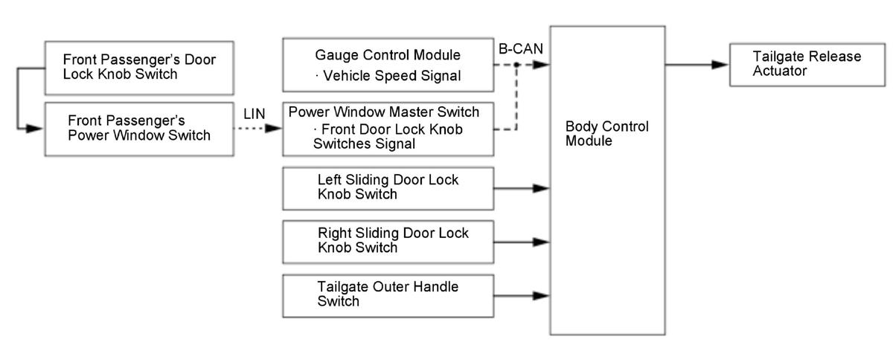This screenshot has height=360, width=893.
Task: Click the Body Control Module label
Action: (x=606, y=134)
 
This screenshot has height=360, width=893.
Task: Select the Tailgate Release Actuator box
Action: (x=807, y=65)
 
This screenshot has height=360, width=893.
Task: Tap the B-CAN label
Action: (x=521, y=48)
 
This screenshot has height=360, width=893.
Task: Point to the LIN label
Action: (x=255, y=114)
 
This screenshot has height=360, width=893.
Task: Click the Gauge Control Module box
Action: (x=388, y=65)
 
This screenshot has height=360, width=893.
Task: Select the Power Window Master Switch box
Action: (x=388, y=129)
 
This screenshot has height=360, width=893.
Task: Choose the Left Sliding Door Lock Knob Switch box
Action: (x=388, y=189)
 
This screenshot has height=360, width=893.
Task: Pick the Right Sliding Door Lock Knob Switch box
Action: (x=388, y=242)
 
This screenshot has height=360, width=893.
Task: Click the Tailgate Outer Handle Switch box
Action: (x=388, y=296)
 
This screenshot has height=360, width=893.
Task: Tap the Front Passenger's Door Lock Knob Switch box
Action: (x=139, y=68)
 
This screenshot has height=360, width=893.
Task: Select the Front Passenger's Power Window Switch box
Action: (x=139, y=129)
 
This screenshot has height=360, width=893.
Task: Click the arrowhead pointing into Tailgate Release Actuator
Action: (x=720, y=65)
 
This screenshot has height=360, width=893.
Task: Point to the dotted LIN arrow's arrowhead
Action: (x=274, y=129)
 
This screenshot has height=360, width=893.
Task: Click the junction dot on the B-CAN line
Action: (x=516, y=65)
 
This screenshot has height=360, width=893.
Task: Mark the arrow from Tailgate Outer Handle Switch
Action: (x=522, y=296)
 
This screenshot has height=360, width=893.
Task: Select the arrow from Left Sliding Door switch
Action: (x=522, y=188)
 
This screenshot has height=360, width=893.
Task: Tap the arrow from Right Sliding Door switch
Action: (x=522, y=242)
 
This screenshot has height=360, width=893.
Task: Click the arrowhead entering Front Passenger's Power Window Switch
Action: (x=35, y=129)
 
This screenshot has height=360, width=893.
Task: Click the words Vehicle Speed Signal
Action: (x=392, y=76)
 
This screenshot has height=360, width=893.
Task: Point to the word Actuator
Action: (x=779, y=71)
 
